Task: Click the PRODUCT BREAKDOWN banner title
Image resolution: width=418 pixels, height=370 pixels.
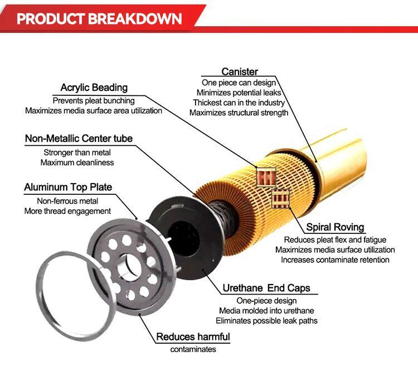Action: click(99, 18)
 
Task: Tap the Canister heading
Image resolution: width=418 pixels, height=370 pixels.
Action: click(240, 71)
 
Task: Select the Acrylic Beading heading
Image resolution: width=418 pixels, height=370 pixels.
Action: click(94, 88)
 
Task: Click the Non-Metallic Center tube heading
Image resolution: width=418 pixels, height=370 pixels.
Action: click(79, 138)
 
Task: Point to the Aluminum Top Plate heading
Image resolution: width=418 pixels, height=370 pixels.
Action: click(68, 187)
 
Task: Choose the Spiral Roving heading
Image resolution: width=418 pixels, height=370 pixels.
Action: click(335, 227)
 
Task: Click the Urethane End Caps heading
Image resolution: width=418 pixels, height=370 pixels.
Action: click(266, 288)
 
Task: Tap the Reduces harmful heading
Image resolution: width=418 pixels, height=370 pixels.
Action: click(193, 337)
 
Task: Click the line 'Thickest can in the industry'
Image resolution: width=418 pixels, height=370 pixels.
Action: click(239, 103)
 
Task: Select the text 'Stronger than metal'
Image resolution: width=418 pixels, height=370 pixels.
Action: click(77, 152)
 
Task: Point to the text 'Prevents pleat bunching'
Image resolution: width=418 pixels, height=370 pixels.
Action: click(94, 100)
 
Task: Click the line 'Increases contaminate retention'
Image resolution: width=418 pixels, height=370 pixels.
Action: click(335, 260)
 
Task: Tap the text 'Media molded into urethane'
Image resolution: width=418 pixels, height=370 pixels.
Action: click(266, 311)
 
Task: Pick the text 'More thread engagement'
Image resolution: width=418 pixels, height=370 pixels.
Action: click(67, 211)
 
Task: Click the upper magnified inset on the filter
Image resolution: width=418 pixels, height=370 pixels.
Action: click(266, 177)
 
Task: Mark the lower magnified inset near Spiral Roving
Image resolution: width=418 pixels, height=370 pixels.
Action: click(280, 199)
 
